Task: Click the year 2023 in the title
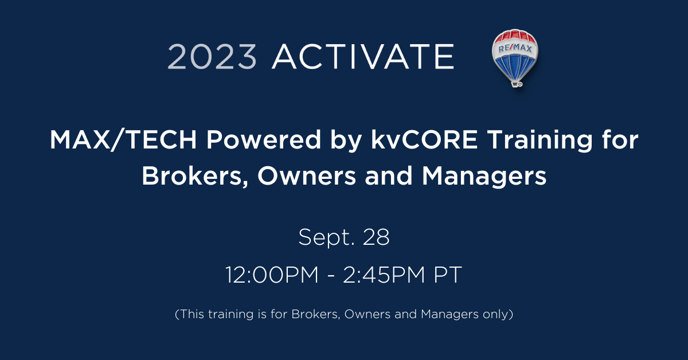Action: click(x=212, y=57)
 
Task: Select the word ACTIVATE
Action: click(x=363, y=57)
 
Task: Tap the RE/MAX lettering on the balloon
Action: click(x=515, y=48)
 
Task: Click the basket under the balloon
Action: click(x=517, y=84)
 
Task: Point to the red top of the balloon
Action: click(x=515, y=37)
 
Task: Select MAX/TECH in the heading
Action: click(x=123, y=140)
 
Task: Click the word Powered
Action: click(x=264, y=140)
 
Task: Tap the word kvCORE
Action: click(x=424, y=140)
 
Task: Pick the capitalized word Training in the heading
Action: click(x=540, y=140)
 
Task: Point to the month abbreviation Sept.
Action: click(x=326, y=237)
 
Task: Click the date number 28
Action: click(x=376, y=237)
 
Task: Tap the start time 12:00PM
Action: click(x=272, y=275)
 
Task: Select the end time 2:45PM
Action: click(x=384, y=275)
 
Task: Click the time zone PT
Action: click(x=448, y=275)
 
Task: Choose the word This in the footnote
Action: click(x=191, y=314)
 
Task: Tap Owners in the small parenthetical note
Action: click(x=368, y=314)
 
